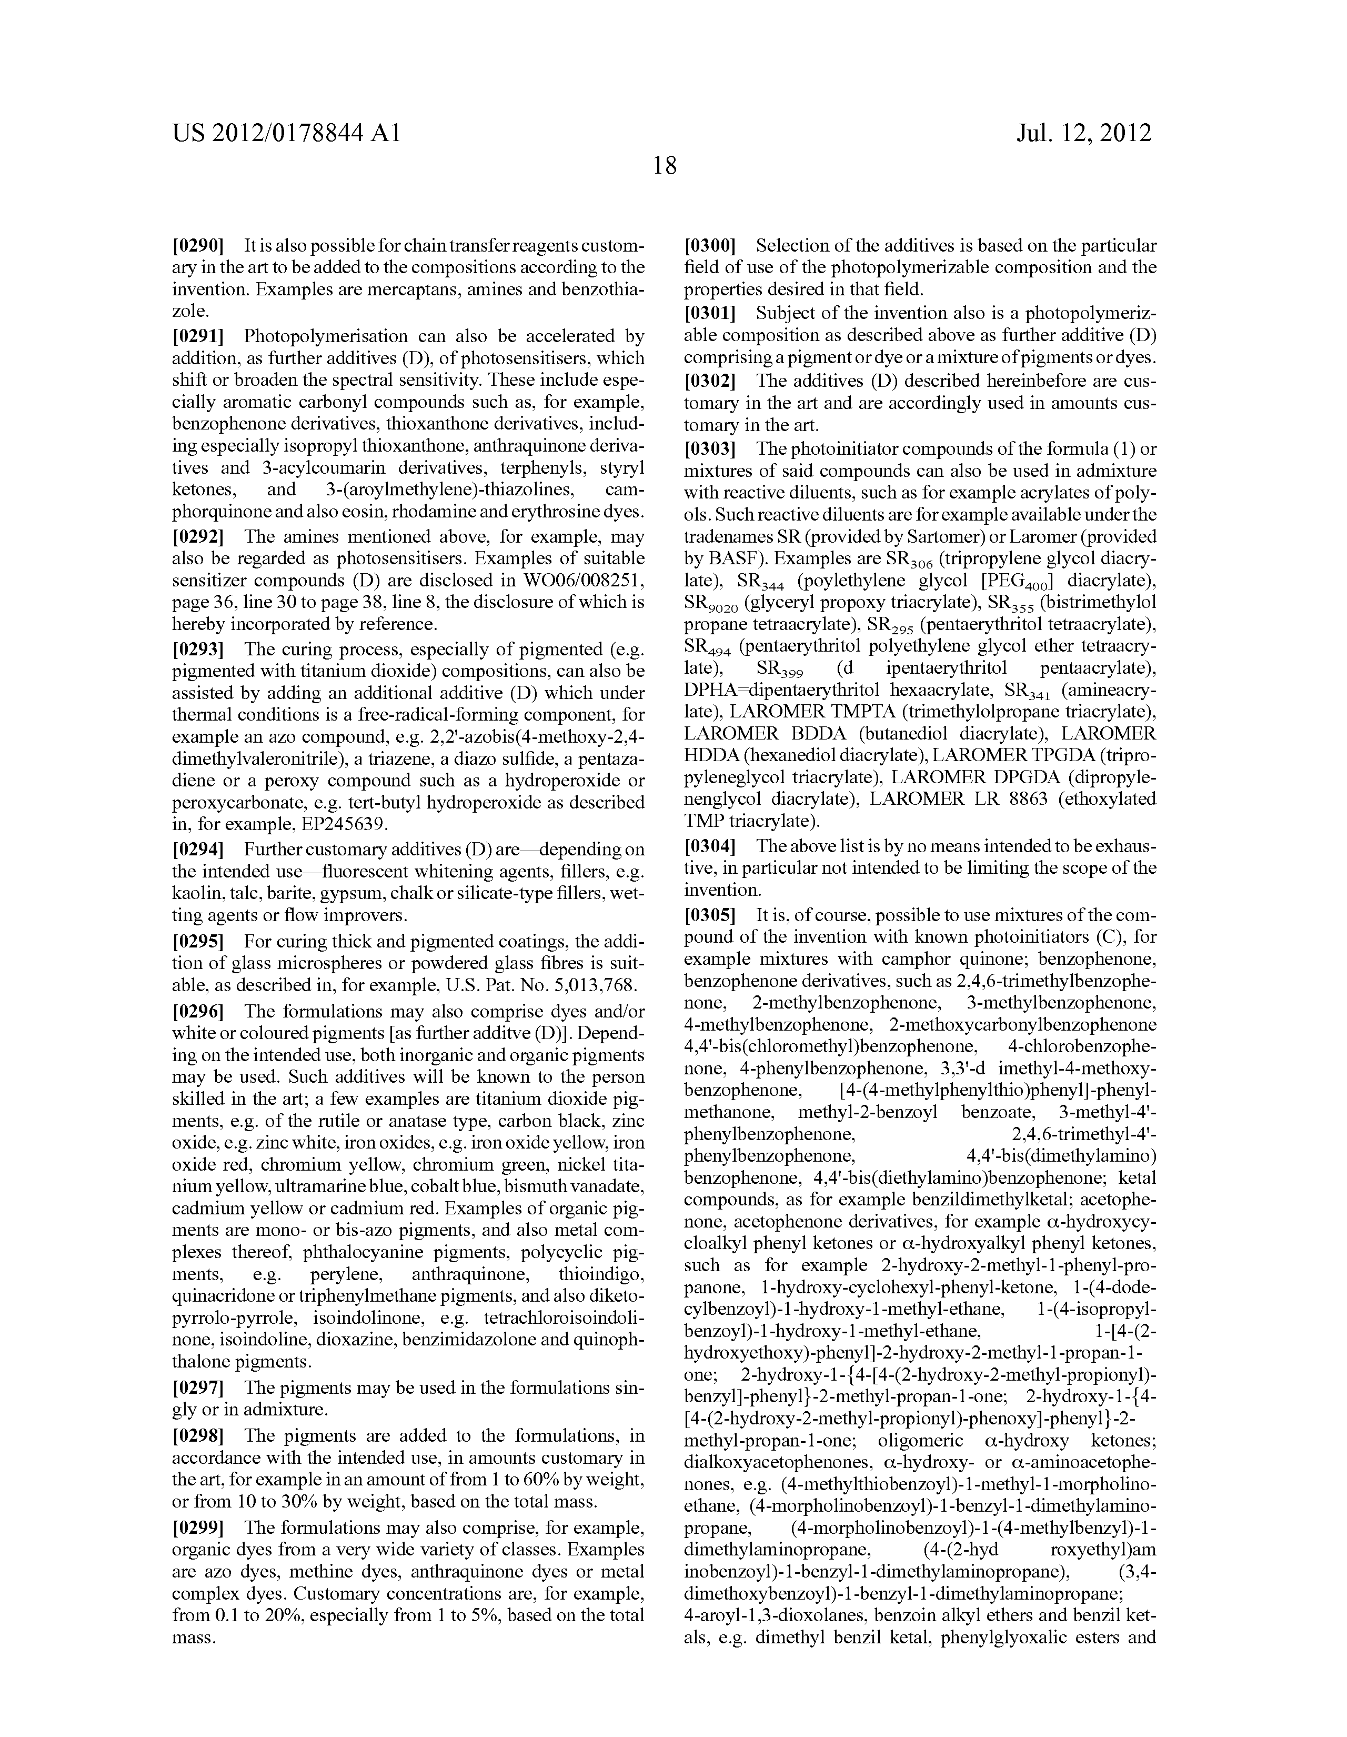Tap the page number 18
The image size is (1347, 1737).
click(665, 165)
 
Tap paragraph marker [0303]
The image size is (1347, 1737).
click(710, 448)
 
